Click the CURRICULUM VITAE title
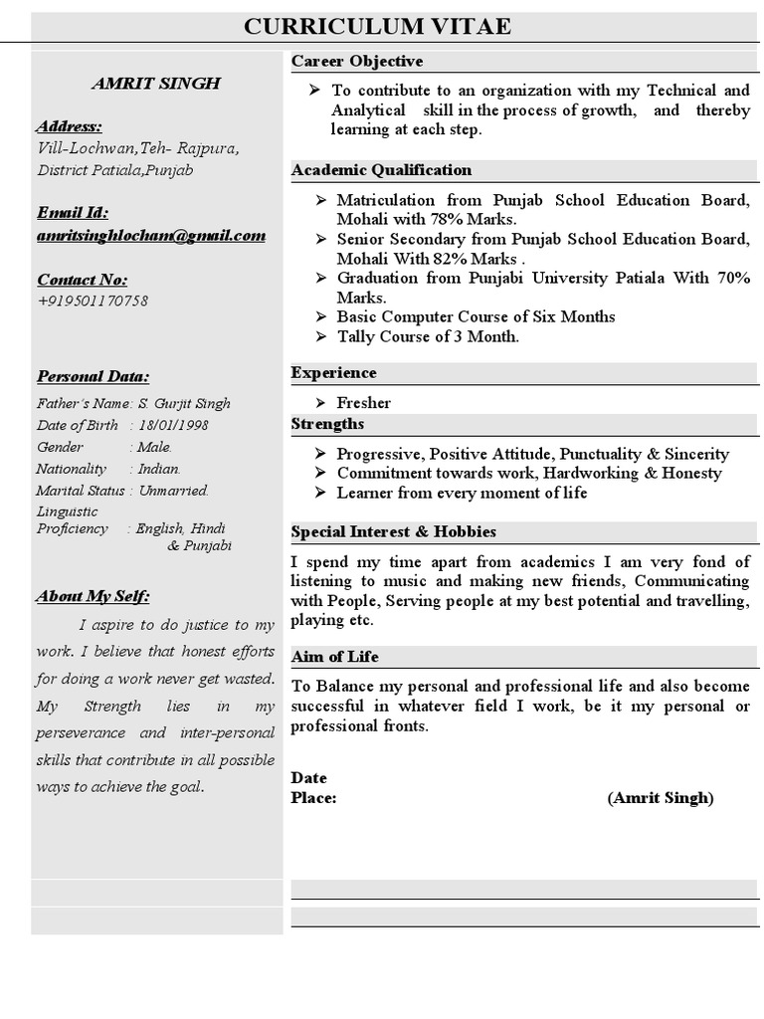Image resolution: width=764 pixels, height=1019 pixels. (x=378, y=27)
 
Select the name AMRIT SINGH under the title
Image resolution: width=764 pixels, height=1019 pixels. (x=156, y=84)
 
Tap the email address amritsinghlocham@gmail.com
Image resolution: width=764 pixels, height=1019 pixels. (x=151, y=236)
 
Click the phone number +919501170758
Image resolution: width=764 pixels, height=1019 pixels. (x=93, y=301)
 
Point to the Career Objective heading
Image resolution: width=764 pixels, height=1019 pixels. (x=357, y=62)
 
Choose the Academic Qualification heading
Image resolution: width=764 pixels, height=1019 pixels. (x=381, y=170)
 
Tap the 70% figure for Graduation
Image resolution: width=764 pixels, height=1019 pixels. (x=733, y=278)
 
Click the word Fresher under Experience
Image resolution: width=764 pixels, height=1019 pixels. (x=364, y=403)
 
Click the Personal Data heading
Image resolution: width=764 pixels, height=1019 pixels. (x=94, y=376)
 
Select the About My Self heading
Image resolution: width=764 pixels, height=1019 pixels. (x=94, y=596)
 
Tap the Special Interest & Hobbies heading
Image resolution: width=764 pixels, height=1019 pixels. (x=393, y=532)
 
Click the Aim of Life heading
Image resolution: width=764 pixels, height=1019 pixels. (x=334, y=657)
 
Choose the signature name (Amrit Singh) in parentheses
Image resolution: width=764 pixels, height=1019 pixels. (x=661, y=798)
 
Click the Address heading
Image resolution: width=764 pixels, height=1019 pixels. (x=69, y=126)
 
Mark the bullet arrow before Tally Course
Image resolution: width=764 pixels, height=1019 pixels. (x=320, y=336)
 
